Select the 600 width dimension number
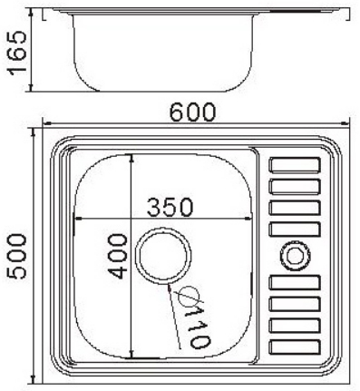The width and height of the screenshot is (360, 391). [x=192, y=112]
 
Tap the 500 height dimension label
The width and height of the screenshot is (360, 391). [x=17, y=257]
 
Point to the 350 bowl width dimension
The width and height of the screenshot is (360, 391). [x=170, y=207]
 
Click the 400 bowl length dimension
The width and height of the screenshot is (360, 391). [x=118, y=256]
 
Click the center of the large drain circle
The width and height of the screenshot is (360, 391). [x=163, y=256]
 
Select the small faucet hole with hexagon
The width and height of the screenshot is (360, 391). [x=295, y=256]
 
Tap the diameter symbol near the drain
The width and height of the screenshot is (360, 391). [x=190, y=295]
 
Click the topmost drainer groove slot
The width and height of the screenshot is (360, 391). [x=295, y=164]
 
